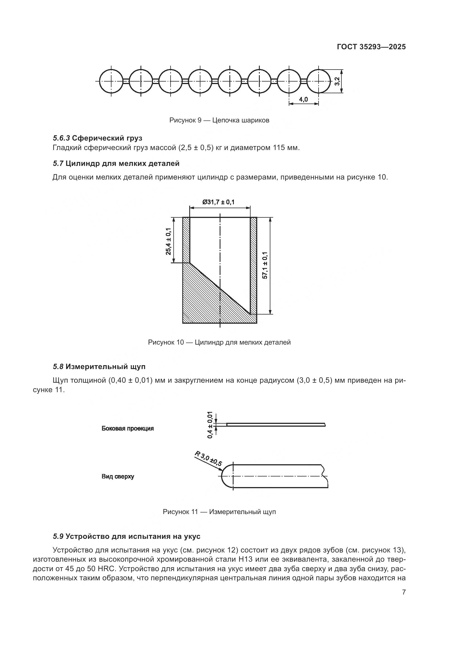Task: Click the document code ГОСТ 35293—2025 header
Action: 371,47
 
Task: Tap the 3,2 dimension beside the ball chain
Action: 337,81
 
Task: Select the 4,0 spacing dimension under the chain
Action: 303,99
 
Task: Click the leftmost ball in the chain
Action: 111,81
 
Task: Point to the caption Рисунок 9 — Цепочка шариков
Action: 219,120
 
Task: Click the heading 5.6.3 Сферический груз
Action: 97,138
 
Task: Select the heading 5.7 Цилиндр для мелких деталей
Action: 116,163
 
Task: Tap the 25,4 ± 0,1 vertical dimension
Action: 169,241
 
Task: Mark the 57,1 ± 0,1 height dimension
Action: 265,266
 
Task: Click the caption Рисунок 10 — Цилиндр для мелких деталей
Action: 219,342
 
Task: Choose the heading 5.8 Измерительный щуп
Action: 99,367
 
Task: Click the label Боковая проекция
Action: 127,428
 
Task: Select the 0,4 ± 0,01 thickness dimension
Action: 210,425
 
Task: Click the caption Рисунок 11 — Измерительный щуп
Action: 219,512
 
